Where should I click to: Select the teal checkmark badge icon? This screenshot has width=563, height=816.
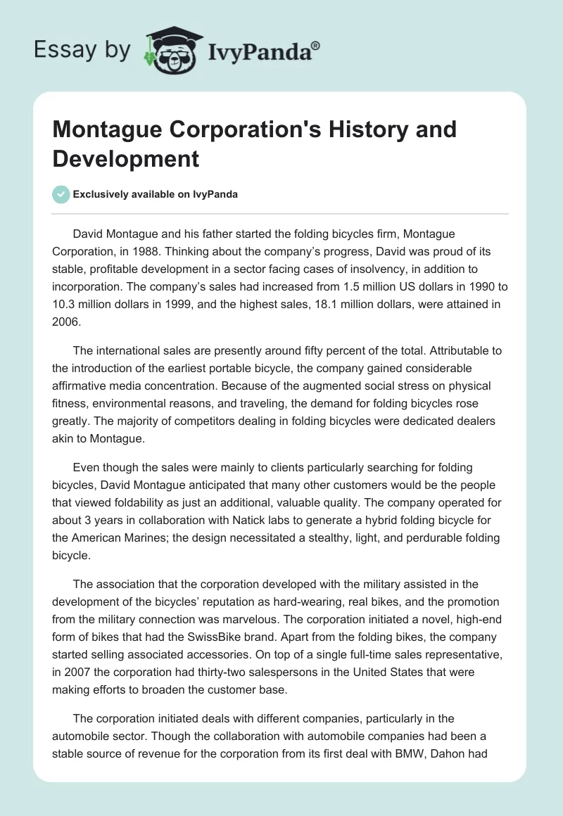pos(61,194)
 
